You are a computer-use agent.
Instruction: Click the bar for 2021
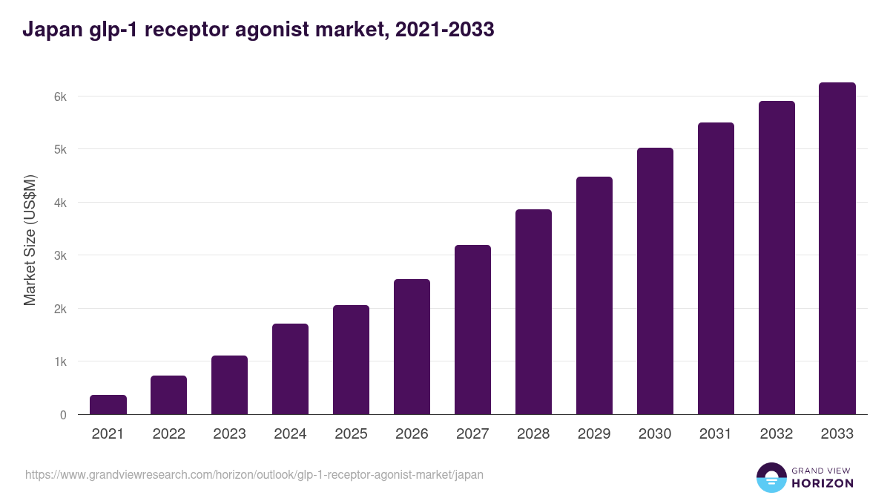[x=108, y=405]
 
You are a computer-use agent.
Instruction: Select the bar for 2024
[x=290, y=369]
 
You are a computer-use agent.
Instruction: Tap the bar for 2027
[x=472, y=330]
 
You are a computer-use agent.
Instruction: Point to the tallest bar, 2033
[x=837, y=248]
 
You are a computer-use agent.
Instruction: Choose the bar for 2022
[x=169, y=395]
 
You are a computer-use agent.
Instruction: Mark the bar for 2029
[x=594, y=295]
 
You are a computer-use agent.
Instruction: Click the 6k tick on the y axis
[x=59, y=96]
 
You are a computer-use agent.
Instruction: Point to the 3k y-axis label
[x=59, y=255]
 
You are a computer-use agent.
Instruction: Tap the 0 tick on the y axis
[x=63, y=415]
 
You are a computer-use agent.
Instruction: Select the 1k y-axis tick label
[x=59, y=361]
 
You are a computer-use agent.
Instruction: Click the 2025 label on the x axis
[x=351, y=434]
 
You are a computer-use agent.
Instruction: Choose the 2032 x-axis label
[x=777, y=434]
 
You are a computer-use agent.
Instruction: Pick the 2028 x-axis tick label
[x=533, y=434]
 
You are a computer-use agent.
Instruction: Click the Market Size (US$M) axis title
[x=30, y=239]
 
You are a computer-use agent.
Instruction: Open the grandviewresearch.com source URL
[x=254, y=474]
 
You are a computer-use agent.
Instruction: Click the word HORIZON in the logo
[x=823, y=483]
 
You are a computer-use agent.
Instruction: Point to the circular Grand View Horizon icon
[x=771, y=477]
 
